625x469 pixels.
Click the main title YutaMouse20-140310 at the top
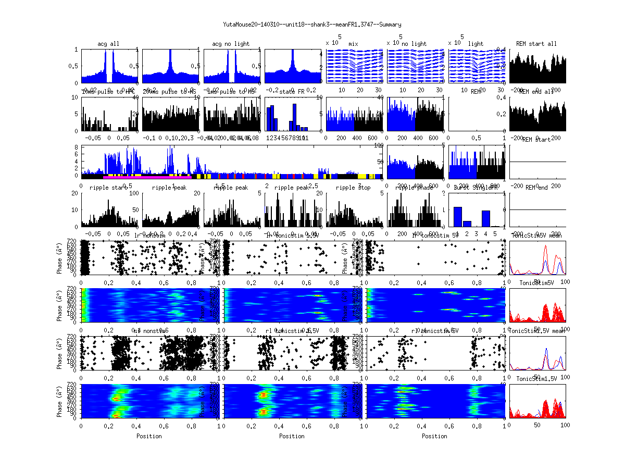pyautogui.click(x=312, y=24)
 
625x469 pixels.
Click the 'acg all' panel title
pyautogui.click(x=108, y=44)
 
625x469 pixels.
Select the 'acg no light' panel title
pyautogui.click(x=231, y=44)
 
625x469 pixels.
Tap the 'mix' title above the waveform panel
pyautogui.click(x=354, y=44)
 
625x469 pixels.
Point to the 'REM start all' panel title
pyautogui.click(x=536, y=44)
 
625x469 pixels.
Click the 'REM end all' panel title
pyautogui.click(x=536, y=92)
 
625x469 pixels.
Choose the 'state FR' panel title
pyautogui.click(x=293, y=92)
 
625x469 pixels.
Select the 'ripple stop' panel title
pyautogui.click(x=354, y=188)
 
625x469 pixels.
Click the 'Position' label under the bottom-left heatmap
pyautogui.click(x=149, y=436)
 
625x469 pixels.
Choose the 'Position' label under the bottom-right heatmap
pyautogui.click(x=435, y=436)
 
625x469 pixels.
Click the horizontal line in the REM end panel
pyautogui.click(x=537, y=209)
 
